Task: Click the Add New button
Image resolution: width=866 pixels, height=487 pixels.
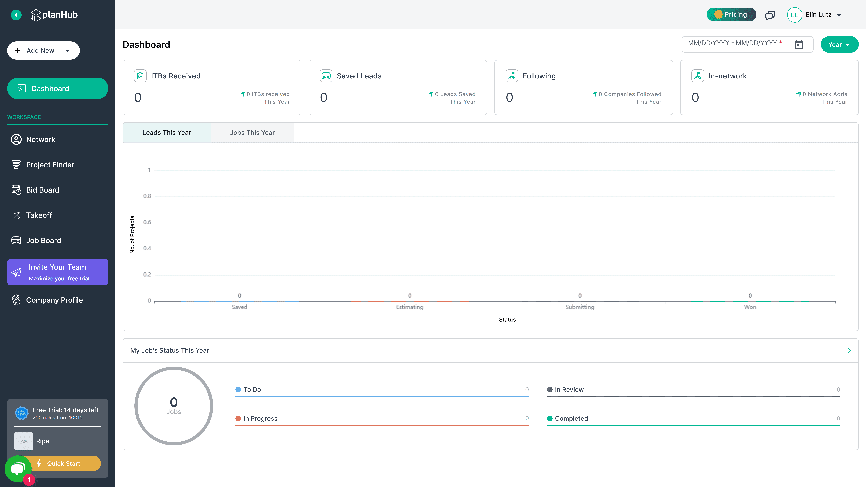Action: pyautogui.click(x=43, y=50)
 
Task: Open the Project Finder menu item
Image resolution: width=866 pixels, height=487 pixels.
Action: pyautogui.click(x=50, y=165)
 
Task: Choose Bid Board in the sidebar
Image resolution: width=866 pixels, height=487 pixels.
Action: pyautogui.click(x=43, y=190)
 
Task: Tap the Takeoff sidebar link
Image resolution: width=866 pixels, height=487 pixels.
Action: pyautogui.click(x=39, y=215)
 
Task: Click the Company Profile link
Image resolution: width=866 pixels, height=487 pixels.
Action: pyautogui.click(x=54, y=300)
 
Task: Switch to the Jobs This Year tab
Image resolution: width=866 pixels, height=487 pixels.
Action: pyautogui.click(x=252, y=133)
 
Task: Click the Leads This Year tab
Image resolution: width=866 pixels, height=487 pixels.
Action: pyautogui.click(x=167, y=133)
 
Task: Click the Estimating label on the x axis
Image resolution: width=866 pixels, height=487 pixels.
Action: pyautogui.click(x=409, y=307)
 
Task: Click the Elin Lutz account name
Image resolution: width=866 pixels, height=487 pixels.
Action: pyautogui.click(x=819, y=14)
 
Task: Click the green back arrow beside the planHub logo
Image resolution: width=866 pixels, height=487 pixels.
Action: pyautogui.click(x=16, y=15)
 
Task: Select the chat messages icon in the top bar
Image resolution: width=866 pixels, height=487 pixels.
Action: pyautogui.click(x=770, y=15)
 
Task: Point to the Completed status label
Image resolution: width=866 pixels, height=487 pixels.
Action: pyautogui.click(x=571, y=418)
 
